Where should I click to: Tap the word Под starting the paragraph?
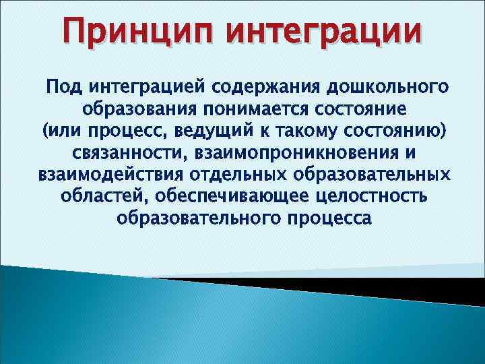tap(63, 88)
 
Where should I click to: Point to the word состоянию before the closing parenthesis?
tap(394, 131)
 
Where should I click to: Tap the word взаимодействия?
tap(109, 175)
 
